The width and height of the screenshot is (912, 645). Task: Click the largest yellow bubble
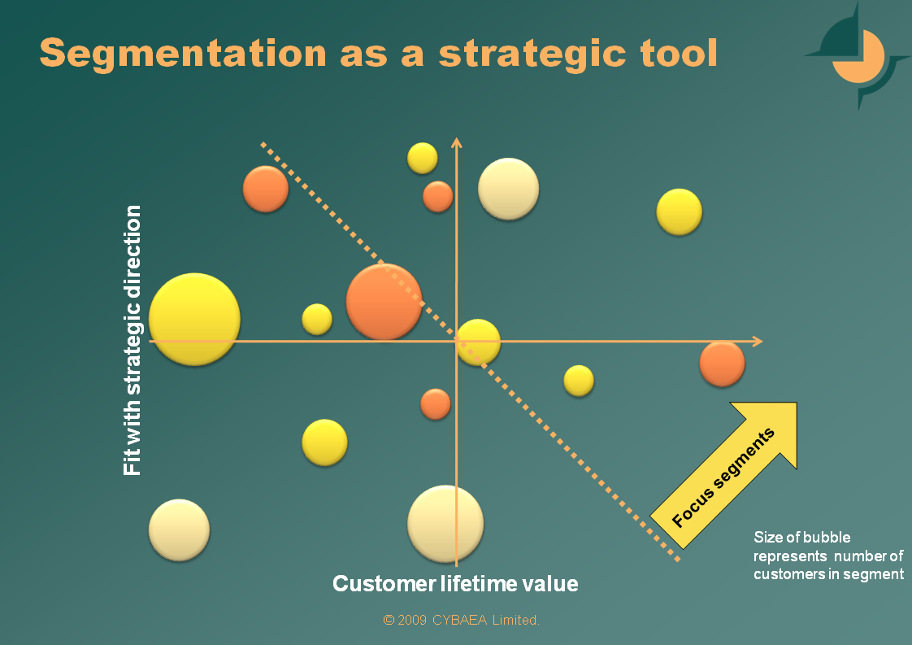pyautogui.click(x=194, y=319)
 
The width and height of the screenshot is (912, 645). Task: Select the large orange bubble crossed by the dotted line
pyautogui.click(x=384, y=302)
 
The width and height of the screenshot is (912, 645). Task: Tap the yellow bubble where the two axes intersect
pyautogui.click(x=477, y=342)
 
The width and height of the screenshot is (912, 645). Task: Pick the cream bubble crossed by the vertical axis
pyautogui.click(x=445, y=523)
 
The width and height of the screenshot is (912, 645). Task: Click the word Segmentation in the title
pyautogui.click(x=183, y=54)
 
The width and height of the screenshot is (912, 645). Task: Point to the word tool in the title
pyautogui.click(x=679, y=53)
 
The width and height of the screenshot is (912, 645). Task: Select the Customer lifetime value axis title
pyautogui.click(x=455, y=583)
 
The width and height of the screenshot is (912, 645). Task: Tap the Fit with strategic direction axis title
pyautogui.click(x=132, y=340)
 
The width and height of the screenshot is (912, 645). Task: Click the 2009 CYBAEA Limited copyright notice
pyautogui.click(x=461, y=620)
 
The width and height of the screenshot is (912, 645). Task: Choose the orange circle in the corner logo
pyautogui.click(x=858, y=56)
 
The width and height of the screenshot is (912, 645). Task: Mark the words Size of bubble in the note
pyautogui.click(x=802, y=537)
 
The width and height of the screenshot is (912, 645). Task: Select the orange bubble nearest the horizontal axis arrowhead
pyautogui.click(x=722, y=364)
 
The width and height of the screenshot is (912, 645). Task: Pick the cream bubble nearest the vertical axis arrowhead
pyautogui.click(x=508, y=189)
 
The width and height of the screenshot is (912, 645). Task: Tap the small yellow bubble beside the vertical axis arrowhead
pyautogui.click(x=422, y=158)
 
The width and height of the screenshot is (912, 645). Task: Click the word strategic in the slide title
pyautogui.click(x=532, y=54)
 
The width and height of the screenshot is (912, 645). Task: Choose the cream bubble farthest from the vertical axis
pyautogui.click(x=179, y=530)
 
